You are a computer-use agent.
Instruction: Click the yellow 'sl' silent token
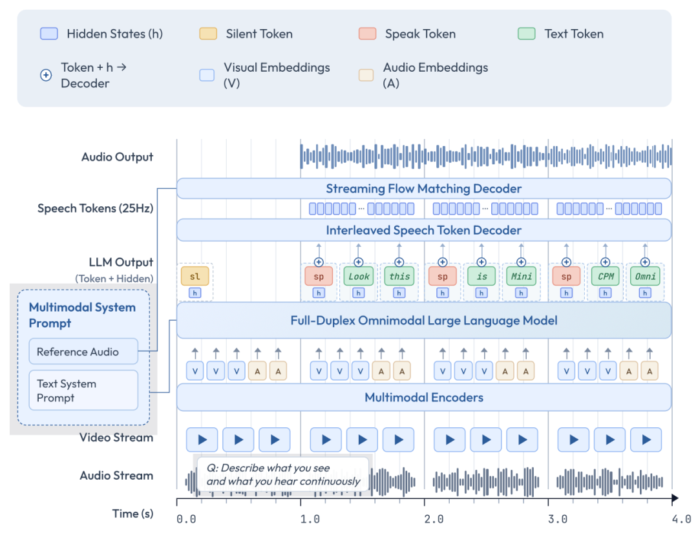click(195, 276)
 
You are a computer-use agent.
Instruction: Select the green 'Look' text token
click(359, 276)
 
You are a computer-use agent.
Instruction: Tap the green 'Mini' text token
click(522, 276)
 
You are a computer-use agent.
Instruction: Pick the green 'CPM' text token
click(605, 276)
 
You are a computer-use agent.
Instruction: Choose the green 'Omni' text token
click(645, 276)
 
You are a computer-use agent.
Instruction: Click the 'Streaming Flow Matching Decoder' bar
click(423, 189)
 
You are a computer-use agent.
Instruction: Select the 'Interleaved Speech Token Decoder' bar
click(423, 230)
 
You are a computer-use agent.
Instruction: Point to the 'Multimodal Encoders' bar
click(423, 398)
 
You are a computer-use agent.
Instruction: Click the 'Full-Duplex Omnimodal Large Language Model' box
click(423, 320)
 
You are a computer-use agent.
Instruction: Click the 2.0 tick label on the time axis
click(434, 519)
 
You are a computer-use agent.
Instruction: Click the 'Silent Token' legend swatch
click(208, 34)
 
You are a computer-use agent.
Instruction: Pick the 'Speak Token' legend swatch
click(367, 34)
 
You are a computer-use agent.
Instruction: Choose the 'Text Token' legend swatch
click(527, 34)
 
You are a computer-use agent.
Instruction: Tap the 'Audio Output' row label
click(117, 157)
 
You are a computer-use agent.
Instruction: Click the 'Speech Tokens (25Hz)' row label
click(95, 208)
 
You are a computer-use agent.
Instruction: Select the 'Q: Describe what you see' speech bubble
click(282, 474)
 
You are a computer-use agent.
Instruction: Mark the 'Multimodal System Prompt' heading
click(82, 315)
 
